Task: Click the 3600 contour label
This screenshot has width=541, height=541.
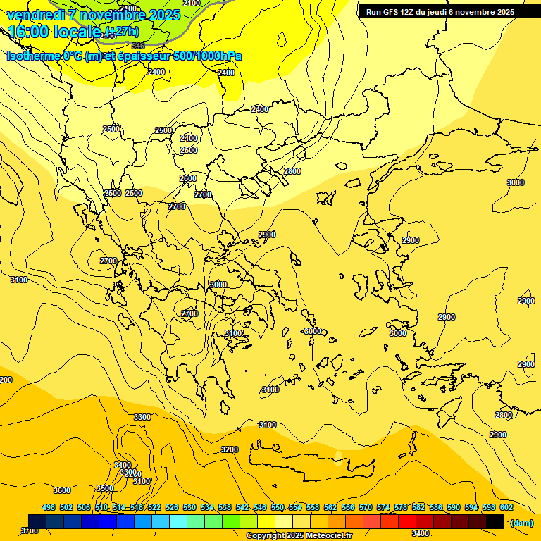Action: click(x=62, y=490)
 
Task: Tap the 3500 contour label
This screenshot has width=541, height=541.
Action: click(x=105, y=488)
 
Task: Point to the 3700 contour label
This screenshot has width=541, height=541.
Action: click(x=29, y=530)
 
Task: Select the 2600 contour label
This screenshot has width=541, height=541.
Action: click(x=188, y=178)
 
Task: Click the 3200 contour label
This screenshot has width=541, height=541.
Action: click(x=230, y=449)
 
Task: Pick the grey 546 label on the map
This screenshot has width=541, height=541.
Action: click(x=138, y=46)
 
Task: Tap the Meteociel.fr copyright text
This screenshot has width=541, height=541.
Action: click(x=299, y=536)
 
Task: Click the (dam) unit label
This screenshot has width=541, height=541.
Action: click(x=521, y=523)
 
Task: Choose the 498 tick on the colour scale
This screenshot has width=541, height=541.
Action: click(x=49, y=507)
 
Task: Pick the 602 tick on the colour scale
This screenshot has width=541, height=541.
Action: click(x=506, y=507)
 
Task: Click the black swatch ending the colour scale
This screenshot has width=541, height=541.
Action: click(x=495, y=521)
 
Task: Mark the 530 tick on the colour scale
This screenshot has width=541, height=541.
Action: click(x=189, y=507)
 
